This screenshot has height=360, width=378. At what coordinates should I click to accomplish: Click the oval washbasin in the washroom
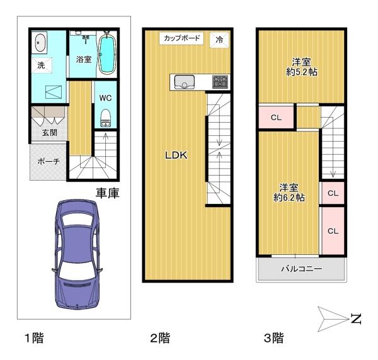[40, 42]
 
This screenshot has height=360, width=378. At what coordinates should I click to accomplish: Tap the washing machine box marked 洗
[41, 65]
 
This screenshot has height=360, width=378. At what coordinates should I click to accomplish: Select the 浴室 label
[83, 59]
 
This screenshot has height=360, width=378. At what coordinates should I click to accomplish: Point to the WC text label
[105, 98]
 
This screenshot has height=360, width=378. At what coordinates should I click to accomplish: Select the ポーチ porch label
[48, 162]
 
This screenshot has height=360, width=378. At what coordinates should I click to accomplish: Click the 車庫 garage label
[108, 193]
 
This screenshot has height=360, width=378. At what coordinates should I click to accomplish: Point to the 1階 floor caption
[35, 339]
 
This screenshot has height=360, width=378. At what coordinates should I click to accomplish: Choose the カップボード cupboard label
[181, 38]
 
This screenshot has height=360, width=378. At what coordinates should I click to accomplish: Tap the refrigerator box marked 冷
[220, 39]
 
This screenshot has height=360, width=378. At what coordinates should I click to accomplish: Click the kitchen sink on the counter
[185, 81]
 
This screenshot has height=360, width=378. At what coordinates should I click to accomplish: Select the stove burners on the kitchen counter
[220, 81]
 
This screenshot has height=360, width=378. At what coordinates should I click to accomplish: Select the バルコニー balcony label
[301, 269]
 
